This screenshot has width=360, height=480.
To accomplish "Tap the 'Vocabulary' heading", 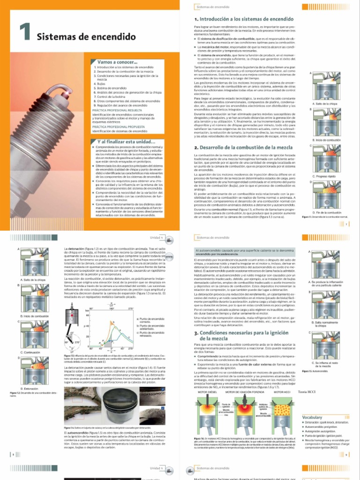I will tap(312, 417).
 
